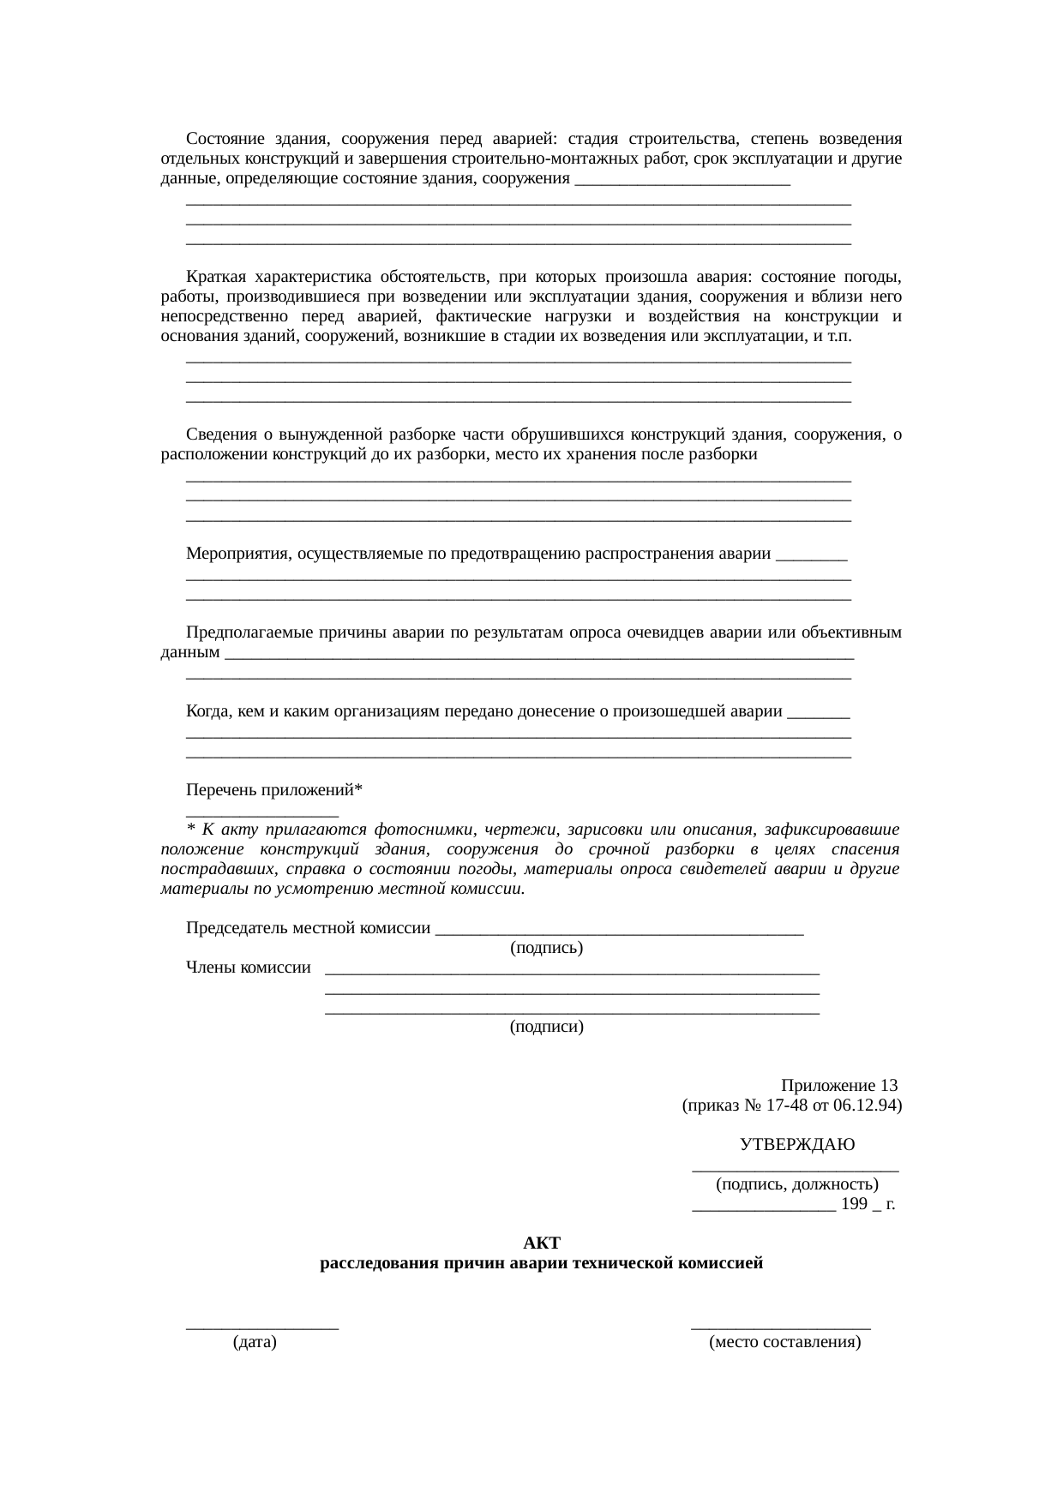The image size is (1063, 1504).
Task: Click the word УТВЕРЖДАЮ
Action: [796, 1145]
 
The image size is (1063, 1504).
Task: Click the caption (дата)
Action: [255, 1343]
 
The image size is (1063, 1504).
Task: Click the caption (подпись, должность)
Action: [796, 1185]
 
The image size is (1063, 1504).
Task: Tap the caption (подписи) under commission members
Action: [546, 1027]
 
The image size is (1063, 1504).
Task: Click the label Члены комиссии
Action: [248, 968]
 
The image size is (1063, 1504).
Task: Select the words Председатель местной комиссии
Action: [308, 928]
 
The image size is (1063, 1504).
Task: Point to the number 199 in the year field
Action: [855, 1205]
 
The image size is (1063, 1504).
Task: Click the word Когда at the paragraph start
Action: [208, 711]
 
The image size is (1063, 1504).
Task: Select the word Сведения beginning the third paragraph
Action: [222, 434]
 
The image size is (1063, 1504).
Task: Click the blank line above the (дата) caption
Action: [262, 1325]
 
